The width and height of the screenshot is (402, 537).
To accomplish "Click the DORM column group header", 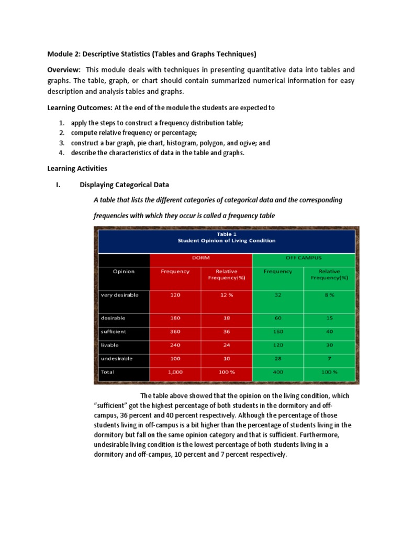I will coord(201,258).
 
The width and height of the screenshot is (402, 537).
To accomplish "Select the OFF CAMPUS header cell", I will coord(304,258).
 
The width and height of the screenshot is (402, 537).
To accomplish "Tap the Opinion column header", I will coord(124,271).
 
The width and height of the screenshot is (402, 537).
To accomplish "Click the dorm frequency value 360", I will coord(175,331).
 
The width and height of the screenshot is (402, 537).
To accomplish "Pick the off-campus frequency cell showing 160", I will coord(278,331).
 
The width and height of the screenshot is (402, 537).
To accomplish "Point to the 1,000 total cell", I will coord(175,372).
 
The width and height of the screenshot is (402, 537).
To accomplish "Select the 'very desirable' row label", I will coord(119,295).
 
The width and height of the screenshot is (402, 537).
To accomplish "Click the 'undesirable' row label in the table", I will coord(117,359).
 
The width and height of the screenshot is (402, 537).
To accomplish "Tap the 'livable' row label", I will coord(110,345).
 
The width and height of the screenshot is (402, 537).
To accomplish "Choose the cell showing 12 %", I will coord(226,295).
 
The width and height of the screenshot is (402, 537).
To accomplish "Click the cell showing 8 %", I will coord(329,295).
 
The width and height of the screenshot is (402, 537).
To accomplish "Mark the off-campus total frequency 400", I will coord(278,372).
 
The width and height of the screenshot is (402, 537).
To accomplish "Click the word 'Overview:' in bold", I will coord(64,70).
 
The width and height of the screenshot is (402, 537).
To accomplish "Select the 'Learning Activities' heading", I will coord(77,168).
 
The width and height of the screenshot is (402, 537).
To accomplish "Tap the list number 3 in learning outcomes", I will coord(61,143).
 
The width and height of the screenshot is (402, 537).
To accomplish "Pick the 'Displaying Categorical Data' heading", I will coord(124,185).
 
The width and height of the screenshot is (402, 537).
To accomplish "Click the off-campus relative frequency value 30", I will coord(329,345).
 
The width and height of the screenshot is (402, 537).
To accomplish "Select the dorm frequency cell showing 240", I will coord(175,345).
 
